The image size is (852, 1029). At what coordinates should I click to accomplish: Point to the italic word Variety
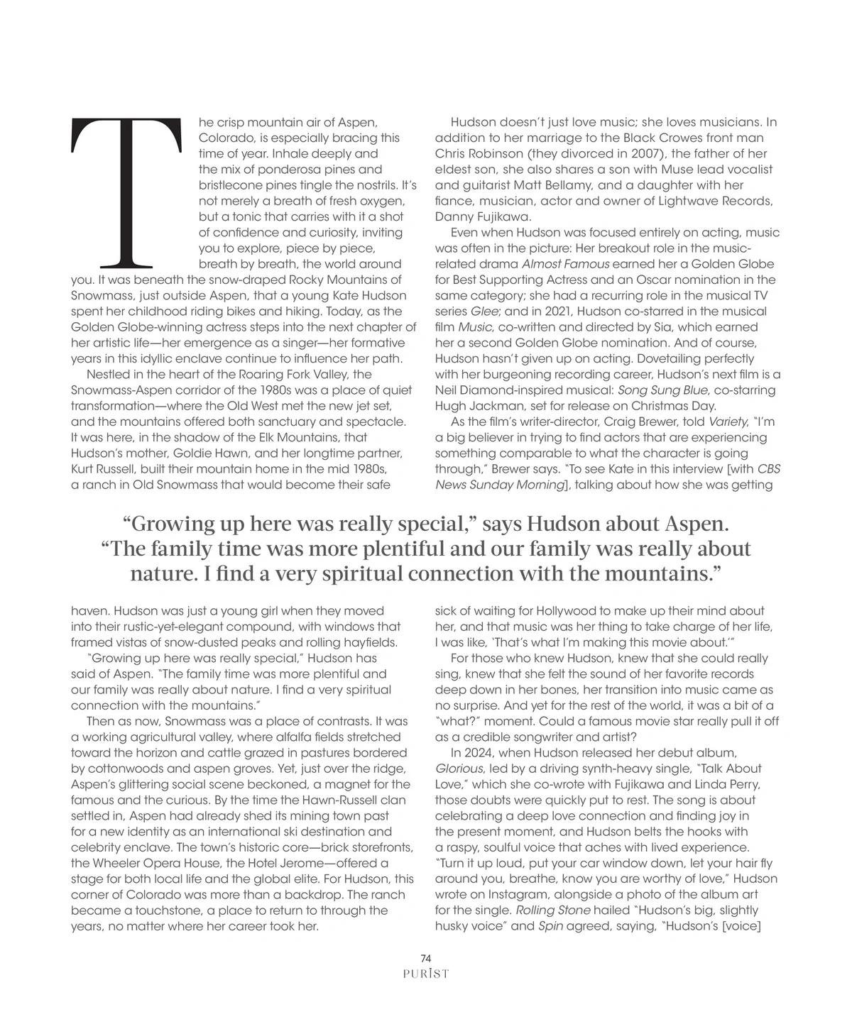[723, 422]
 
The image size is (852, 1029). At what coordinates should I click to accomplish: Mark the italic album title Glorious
[456, 769]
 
